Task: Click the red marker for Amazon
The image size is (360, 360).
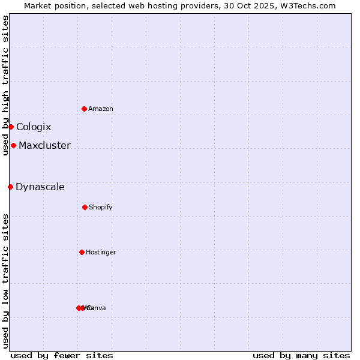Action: click(84, 109)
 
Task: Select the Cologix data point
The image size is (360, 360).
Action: click(11, 127)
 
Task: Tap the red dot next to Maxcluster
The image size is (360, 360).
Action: click(13, 145)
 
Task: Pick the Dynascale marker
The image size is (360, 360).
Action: click(10, 187)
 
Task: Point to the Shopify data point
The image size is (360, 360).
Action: click(85, 207)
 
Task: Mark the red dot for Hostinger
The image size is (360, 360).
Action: click(82, 252)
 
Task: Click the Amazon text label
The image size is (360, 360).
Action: click(101, 109)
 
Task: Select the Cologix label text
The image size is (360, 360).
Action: click(34, 127)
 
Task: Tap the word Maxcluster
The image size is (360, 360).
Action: click(44, 145)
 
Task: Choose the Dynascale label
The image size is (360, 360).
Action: click(40, 187)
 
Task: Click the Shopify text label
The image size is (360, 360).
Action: click(101, 207)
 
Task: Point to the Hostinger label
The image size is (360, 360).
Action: click(101, 252)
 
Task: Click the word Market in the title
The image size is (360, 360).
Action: click(38, 5)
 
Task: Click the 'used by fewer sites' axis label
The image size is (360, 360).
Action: click(62, 355)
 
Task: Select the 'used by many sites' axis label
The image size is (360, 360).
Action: click(301, 355)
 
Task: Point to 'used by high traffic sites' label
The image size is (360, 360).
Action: click(5, 85)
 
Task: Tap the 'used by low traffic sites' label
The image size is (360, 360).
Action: click(5, 281)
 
